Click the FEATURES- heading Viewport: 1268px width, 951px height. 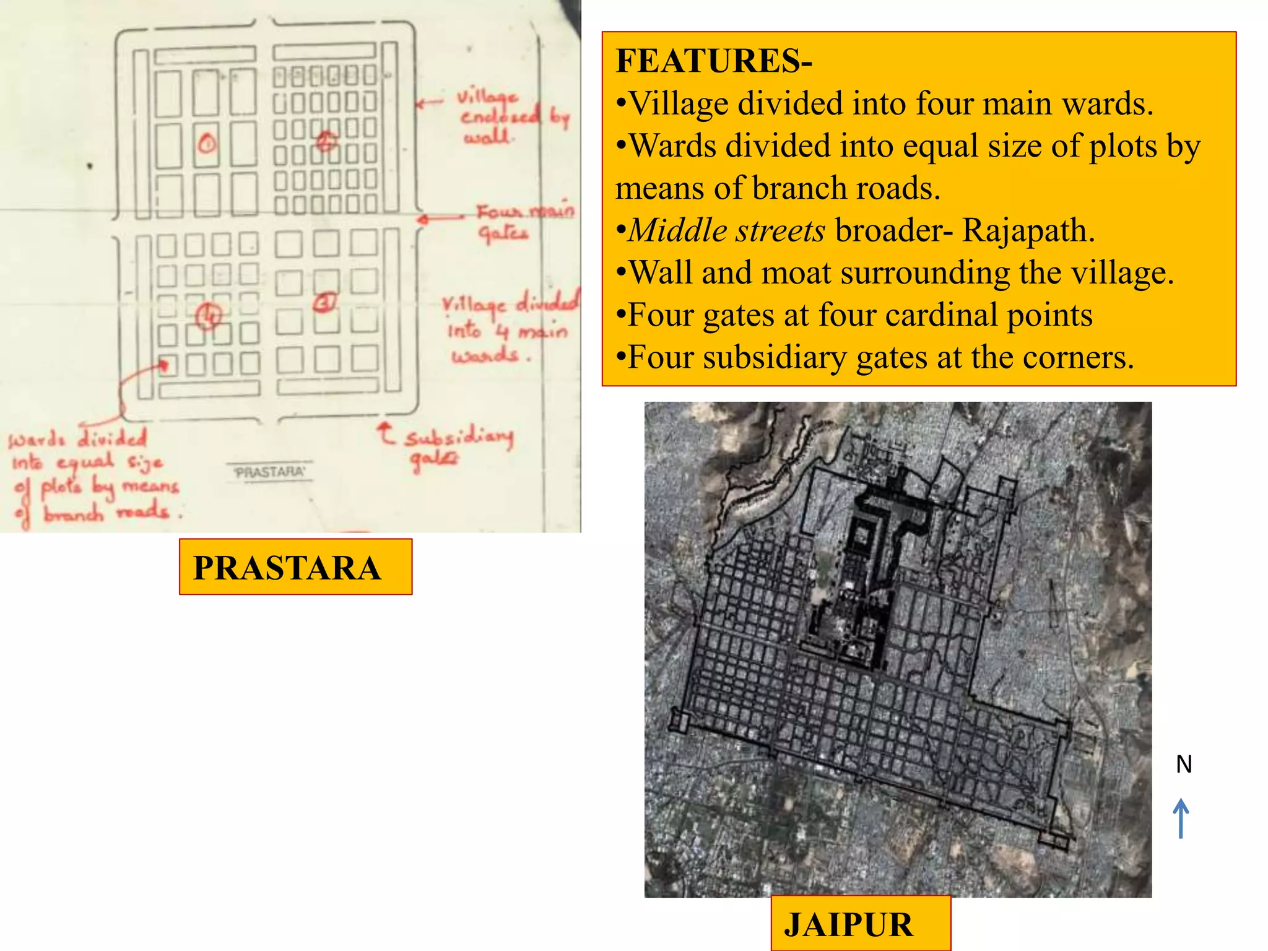click(x=713, y=61)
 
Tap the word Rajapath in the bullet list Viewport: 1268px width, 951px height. click(x=1028, y=230)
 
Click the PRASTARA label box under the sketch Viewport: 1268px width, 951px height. click(x=295, y=567)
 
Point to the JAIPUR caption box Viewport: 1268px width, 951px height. click(x=860, y=924)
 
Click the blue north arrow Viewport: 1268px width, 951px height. click(x=1181, y=818)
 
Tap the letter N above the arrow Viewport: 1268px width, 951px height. click(x=1184, y=764)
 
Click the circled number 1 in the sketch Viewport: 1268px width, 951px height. click(x=207, y=144)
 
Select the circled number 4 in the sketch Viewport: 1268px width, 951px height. click(x=209, y=316)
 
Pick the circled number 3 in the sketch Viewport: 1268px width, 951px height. click(x=325, y=303)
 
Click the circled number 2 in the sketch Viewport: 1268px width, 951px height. click(x=326, y=141)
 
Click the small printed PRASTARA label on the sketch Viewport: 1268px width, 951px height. click(x=270, y=472)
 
